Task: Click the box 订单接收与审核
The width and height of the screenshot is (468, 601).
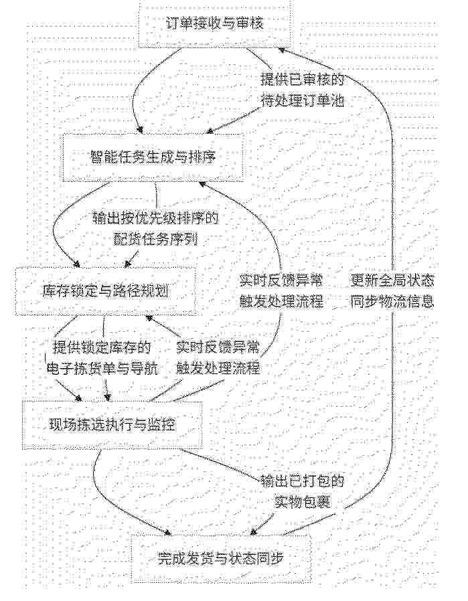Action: (x=214, y=24)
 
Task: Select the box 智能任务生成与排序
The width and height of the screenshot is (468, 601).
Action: (x=153, y=157)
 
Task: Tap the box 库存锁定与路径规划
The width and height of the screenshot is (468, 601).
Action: (x=105, y=292)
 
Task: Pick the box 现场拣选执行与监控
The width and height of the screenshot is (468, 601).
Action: (x=112, y=425)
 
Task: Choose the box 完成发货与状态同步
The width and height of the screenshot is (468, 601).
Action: (x=221, y=558)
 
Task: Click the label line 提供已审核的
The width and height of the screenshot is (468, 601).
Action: (x=303, y=80)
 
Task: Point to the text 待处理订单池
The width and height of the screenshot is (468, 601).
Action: (x=303, y=101)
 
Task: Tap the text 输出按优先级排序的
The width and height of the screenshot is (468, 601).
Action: (x=155, y=218)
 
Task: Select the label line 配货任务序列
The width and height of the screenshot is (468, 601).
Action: (x=155, y=239)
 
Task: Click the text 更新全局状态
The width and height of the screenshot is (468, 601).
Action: (x=392, y=281)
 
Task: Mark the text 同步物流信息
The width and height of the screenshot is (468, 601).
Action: (x=392, y=302)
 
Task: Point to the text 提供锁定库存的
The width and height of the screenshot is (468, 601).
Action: (x=102, y=347)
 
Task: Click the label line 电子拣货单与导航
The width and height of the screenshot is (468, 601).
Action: (x=102, y=368)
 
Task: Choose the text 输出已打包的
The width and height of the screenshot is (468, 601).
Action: (x=303, y=481)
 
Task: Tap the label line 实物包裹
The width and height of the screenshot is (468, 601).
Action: (x=303, y=502)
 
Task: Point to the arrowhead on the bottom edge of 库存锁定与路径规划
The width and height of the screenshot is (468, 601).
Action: (x=149, y=318)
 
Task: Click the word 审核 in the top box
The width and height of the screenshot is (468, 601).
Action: (x=250, y=24)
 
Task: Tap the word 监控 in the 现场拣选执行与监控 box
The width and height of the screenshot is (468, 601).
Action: (x=162, y=425)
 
